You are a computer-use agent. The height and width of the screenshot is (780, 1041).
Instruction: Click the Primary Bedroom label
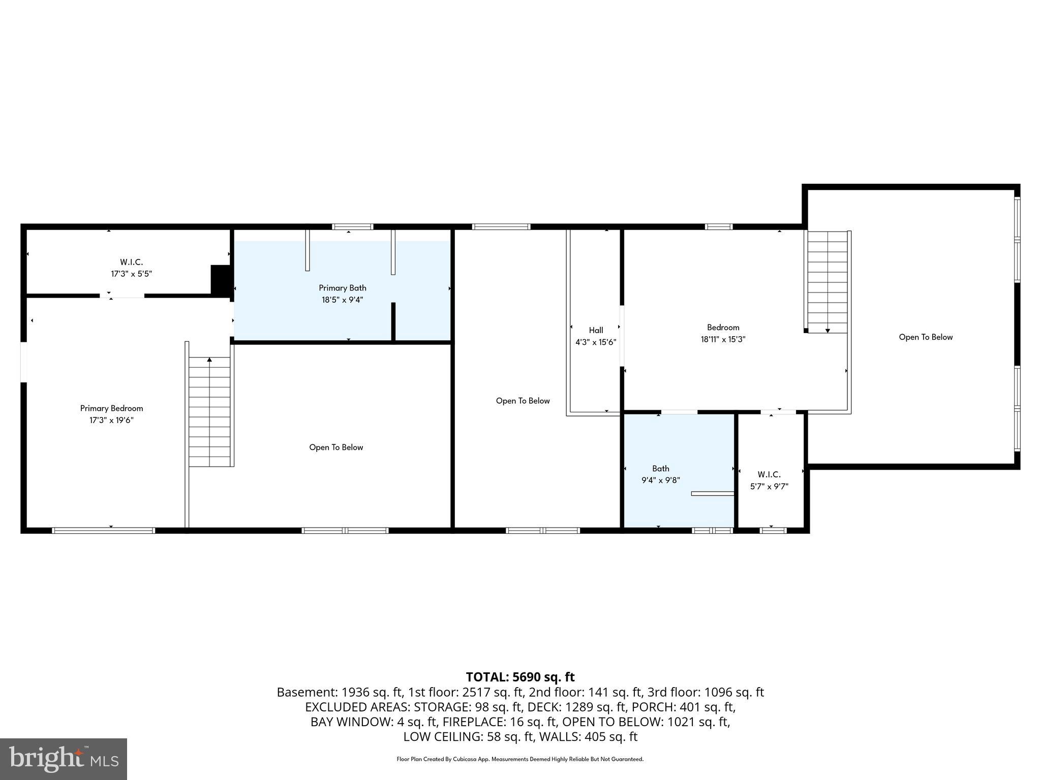click(111, 408)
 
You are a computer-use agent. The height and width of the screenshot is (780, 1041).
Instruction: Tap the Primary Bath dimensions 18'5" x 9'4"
click(342, 300)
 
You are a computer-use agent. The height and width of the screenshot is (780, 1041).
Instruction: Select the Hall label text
click(596, 330)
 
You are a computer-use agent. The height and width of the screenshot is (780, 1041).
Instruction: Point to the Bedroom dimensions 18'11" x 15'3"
click(723, 340)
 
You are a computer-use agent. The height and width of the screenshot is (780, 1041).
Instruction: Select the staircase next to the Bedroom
click(827, 282)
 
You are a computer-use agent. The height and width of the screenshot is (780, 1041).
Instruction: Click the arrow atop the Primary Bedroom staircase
click(209, 360)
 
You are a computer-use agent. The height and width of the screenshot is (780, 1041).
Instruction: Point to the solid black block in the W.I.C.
click(221, 279)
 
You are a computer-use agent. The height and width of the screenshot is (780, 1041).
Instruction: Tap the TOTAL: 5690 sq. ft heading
click(520, 677)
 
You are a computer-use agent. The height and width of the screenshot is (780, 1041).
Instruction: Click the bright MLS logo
click(64, 759)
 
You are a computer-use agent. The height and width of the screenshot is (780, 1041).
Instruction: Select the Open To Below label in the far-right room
click(926, 337)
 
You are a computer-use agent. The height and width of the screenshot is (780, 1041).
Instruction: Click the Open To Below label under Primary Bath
click(336, 447)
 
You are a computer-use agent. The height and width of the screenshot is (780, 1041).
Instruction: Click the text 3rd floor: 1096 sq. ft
click(708, 692)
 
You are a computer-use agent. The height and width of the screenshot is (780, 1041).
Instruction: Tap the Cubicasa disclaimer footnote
click(520, 759)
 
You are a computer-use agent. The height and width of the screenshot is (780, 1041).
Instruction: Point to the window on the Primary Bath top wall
click(352, 227)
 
